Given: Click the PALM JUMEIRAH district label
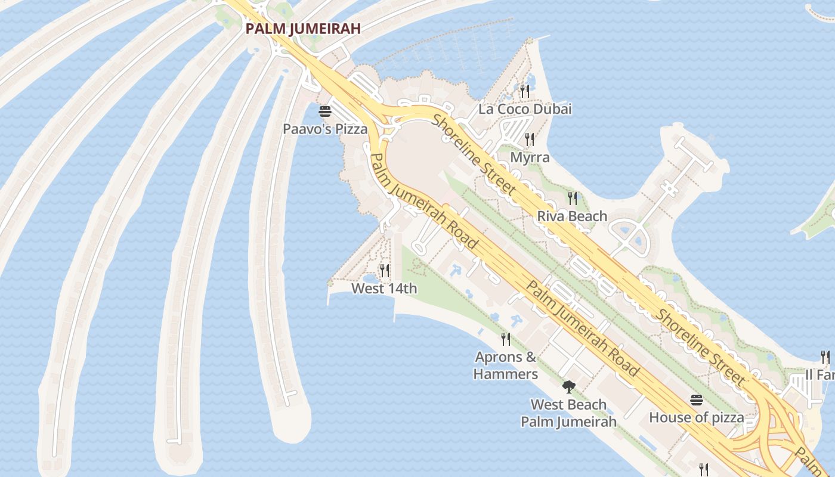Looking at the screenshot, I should [303, 29].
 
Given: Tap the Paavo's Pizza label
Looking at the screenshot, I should [325, 129].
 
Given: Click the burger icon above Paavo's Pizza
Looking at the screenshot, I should [325, 111].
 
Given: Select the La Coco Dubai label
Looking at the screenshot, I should [525, 109].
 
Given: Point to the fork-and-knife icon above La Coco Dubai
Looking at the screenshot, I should [525, 91].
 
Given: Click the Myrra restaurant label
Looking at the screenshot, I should [530, 157].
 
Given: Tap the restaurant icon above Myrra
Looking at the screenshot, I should [530, 140].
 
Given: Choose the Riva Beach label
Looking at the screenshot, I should [572, 216].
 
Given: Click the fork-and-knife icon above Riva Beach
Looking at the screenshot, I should [572, 198].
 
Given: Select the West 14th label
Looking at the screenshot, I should [384, 289].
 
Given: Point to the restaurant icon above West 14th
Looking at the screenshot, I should [385, 271].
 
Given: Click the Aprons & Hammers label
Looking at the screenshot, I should [506, 366].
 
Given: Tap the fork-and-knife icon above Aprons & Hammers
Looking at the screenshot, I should [506, 339].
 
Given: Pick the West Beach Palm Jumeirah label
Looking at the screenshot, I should [568, 413].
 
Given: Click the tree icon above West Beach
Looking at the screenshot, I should [568, 386].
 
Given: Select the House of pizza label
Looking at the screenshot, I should [696, 417].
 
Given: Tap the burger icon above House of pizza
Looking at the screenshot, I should [697, 399].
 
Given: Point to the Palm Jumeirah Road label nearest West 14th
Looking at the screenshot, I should [423, 201].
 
